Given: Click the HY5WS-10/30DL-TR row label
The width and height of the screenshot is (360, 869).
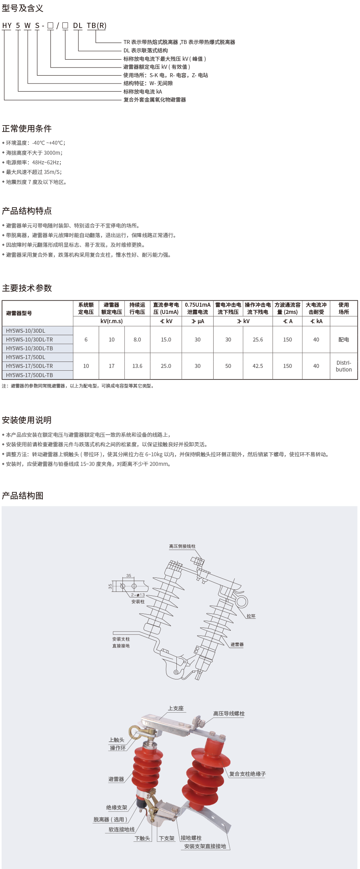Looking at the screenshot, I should (x=30, y=340).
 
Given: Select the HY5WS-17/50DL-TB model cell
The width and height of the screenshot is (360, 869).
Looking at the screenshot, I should (x=30, y=375).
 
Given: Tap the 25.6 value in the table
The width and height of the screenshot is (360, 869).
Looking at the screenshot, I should (x=258, y=340).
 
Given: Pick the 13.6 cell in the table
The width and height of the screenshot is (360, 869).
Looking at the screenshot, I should (x=137, y=366).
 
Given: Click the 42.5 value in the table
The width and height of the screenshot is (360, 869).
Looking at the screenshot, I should (x=258, y=366).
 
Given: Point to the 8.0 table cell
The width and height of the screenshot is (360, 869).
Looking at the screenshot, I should (x=137, y=340).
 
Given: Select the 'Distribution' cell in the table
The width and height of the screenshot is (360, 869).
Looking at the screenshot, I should (x=344, y=366).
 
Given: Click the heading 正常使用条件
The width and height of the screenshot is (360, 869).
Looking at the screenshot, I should (x=27, y=129).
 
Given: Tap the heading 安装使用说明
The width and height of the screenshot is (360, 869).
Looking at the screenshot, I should (x=27, y=420).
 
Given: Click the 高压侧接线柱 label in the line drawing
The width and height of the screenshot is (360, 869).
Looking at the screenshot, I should (x=182, y=546).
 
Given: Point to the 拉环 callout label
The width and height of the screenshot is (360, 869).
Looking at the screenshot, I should (x=251, y=616).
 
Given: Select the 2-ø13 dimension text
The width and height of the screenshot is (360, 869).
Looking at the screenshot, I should (x=138, y=595).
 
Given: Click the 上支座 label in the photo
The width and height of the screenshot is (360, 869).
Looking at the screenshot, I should (x=176, y=708).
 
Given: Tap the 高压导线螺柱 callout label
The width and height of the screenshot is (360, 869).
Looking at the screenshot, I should (x=229, y=713).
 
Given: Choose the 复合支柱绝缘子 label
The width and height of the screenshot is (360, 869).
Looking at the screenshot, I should (x=247, y=774).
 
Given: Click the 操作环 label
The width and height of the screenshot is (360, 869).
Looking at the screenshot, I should (x=118, y=748).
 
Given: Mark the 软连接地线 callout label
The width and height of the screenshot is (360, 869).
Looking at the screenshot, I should (x=122, y=829).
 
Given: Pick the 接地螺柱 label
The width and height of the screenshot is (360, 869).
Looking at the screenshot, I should (x=191, y=838).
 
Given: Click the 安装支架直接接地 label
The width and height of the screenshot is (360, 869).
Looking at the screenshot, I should (x=205, y=846).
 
